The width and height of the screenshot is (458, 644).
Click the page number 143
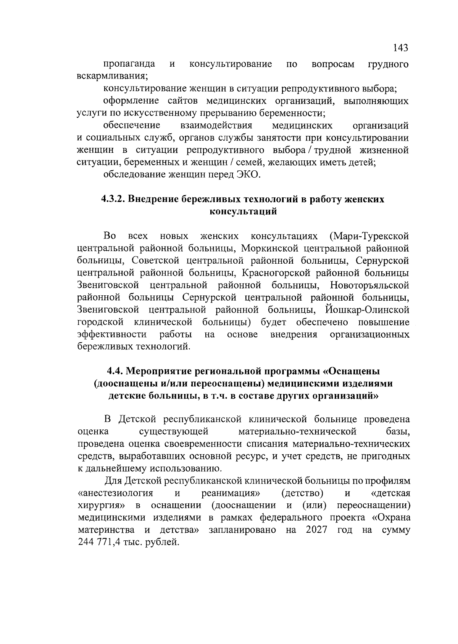pyautogui.click(x=400, y=48)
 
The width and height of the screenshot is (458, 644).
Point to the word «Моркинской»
pyautogui.click(x=269, y=248)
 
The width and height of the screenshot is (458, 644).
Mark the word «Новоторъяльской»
pyautogui.click(x=369, y=285)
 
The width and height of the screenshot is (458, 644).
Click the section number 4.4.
pyautogui.click(x=115, y=371)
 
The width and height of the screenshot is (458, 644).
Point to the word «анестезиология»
pyautogui.click(x=115, y=493)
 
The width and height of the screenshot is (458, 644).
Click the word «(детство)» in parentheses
pyautogui.click(x=302, y=493)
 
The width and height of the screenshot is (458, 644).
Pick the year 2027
pyautogui.click(x=316, y=530)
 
